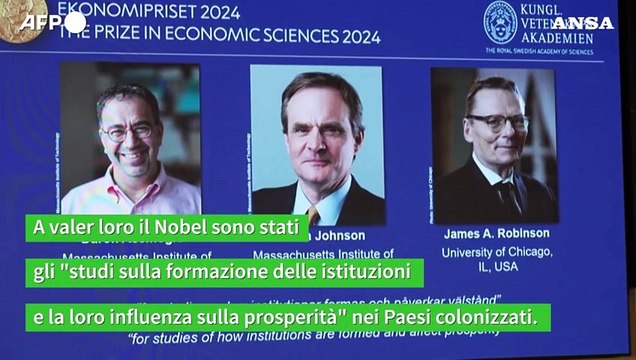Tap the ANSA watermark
[x=582, y=22]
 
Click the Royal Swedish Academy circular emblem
[x=500, y=21]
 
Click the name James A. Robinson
[x=496, y=233]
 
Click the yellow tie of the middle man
[x=313, y=214]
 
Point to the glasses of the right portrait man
[x=496, y=122]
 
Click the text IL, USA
[x=496, y=267]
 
